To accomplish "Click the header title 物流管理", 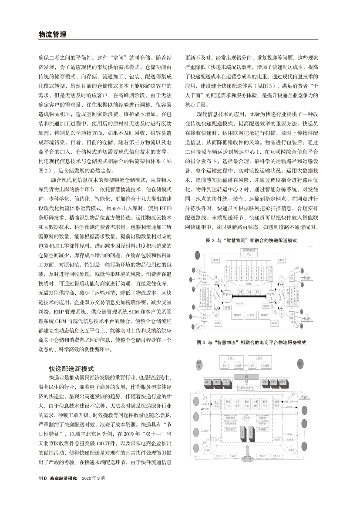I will [x=52, y=34].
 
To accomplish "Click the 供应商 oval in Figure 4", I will [x=199, y=364].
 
